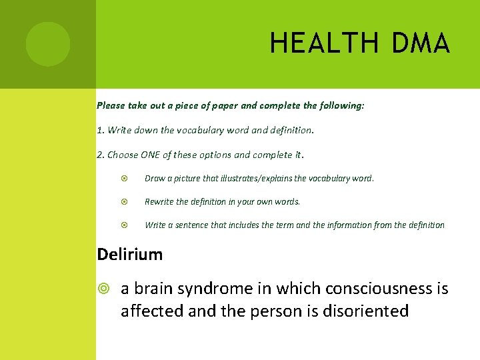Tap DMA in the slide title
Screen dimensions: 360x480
[x=421, y=43]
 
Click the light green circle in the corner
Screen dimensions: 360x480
[x=47, y=44]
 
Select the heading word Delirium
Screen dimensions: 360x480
[x=130, y=254]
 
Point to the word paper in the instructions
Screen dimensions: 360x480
[x=223, y=105]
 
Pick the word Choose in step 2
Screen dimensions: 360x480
[x=121, y=155]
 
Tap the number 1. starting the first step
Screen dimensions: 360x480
[x=101, y=130]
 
